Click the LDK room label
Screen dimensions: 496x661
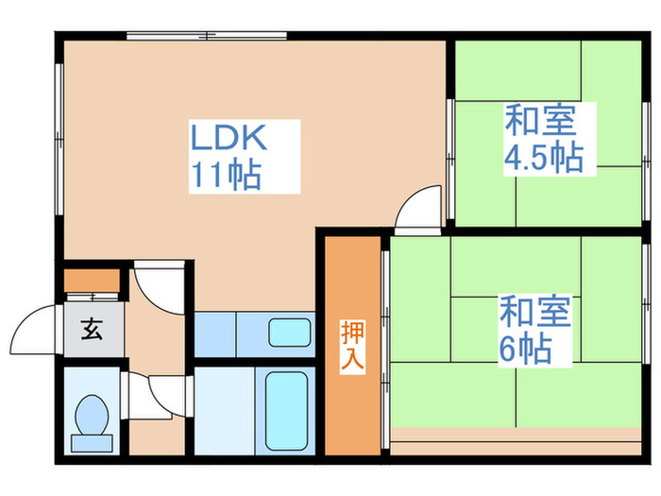pos(232,140)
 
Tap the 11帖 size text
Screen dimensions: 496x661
pos(227,176)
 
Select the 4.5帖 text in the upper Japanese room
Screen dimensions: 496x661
pos(542,157)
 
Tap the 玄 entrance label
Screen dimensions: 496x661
pos(93,331)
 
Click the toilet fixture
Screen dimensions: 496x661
pos(92,416)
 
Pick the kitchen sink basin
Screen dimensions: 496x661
pos(289,333)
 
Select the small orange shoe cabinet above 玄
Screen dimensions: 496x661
pos(92,282)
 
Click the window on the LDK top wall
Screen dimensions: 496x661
pos(206,37)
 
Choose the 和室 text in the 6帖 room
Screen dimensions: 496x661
pos(534,312)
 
